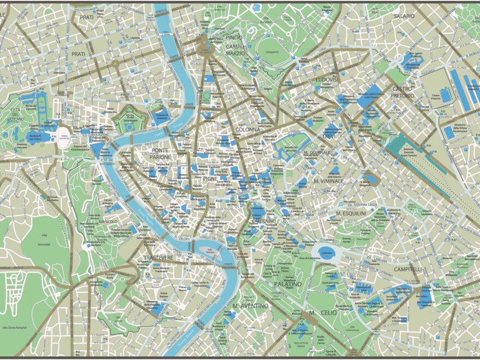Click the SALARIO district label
404,16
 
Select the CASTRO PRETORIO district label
403,92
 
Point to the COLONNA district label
247,130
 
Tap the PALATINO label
288,284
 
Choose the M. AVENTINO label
250,306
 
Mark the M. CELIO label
320,313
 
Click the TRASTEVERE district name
158,257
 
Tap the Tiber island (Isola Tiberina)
208,250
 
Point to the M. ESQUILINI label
351,213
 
